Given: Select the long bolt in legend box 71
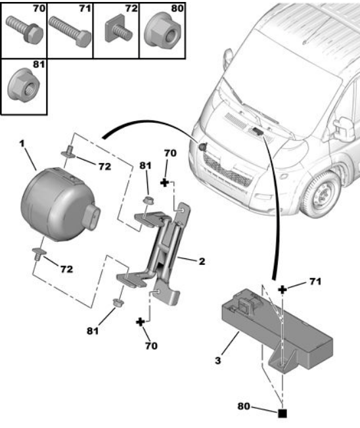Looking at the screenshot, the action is [70, 32].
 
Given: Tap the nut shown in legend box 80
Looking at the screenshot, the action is [162, 32].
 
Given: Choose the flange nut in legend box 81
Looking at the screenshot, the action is [24, 85].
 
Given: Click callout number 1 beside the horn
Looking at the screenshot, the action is [22, 143].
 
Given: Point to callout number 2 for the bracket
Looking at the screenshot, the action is [202, 262].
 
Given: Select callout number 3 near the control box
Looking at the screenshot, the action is [217, 360].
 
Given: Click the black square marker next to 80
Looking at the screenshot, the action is [282, 414].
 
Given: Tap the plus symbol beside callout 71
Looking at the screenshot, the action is [282, 290].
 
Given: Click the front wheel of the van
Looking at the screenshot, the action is [320, 193].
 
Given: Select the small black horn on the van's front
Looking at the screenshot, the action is [202, 147].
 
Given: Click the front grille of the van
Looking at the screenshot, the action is [227, 170].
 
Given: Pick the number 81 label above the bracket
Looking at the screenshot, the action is [145, 166].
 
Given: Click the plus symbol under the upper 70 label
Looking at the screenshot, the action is [164, 183].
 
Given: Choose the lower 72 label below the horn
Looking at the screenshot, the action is [67, 269].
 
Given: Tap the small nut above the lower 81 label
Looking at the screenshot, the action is [118, 302].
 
